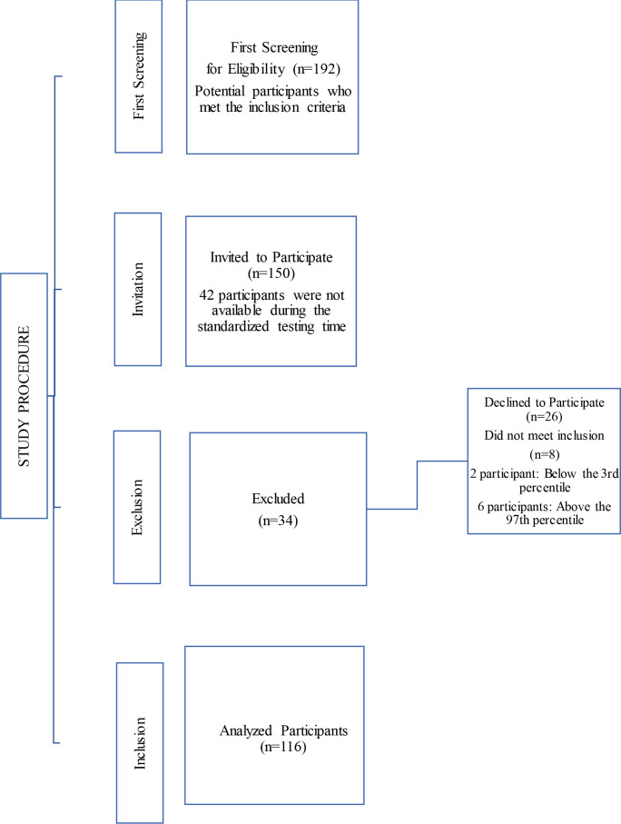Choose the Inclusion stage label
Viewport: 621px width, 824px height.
tap(141, 742)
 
